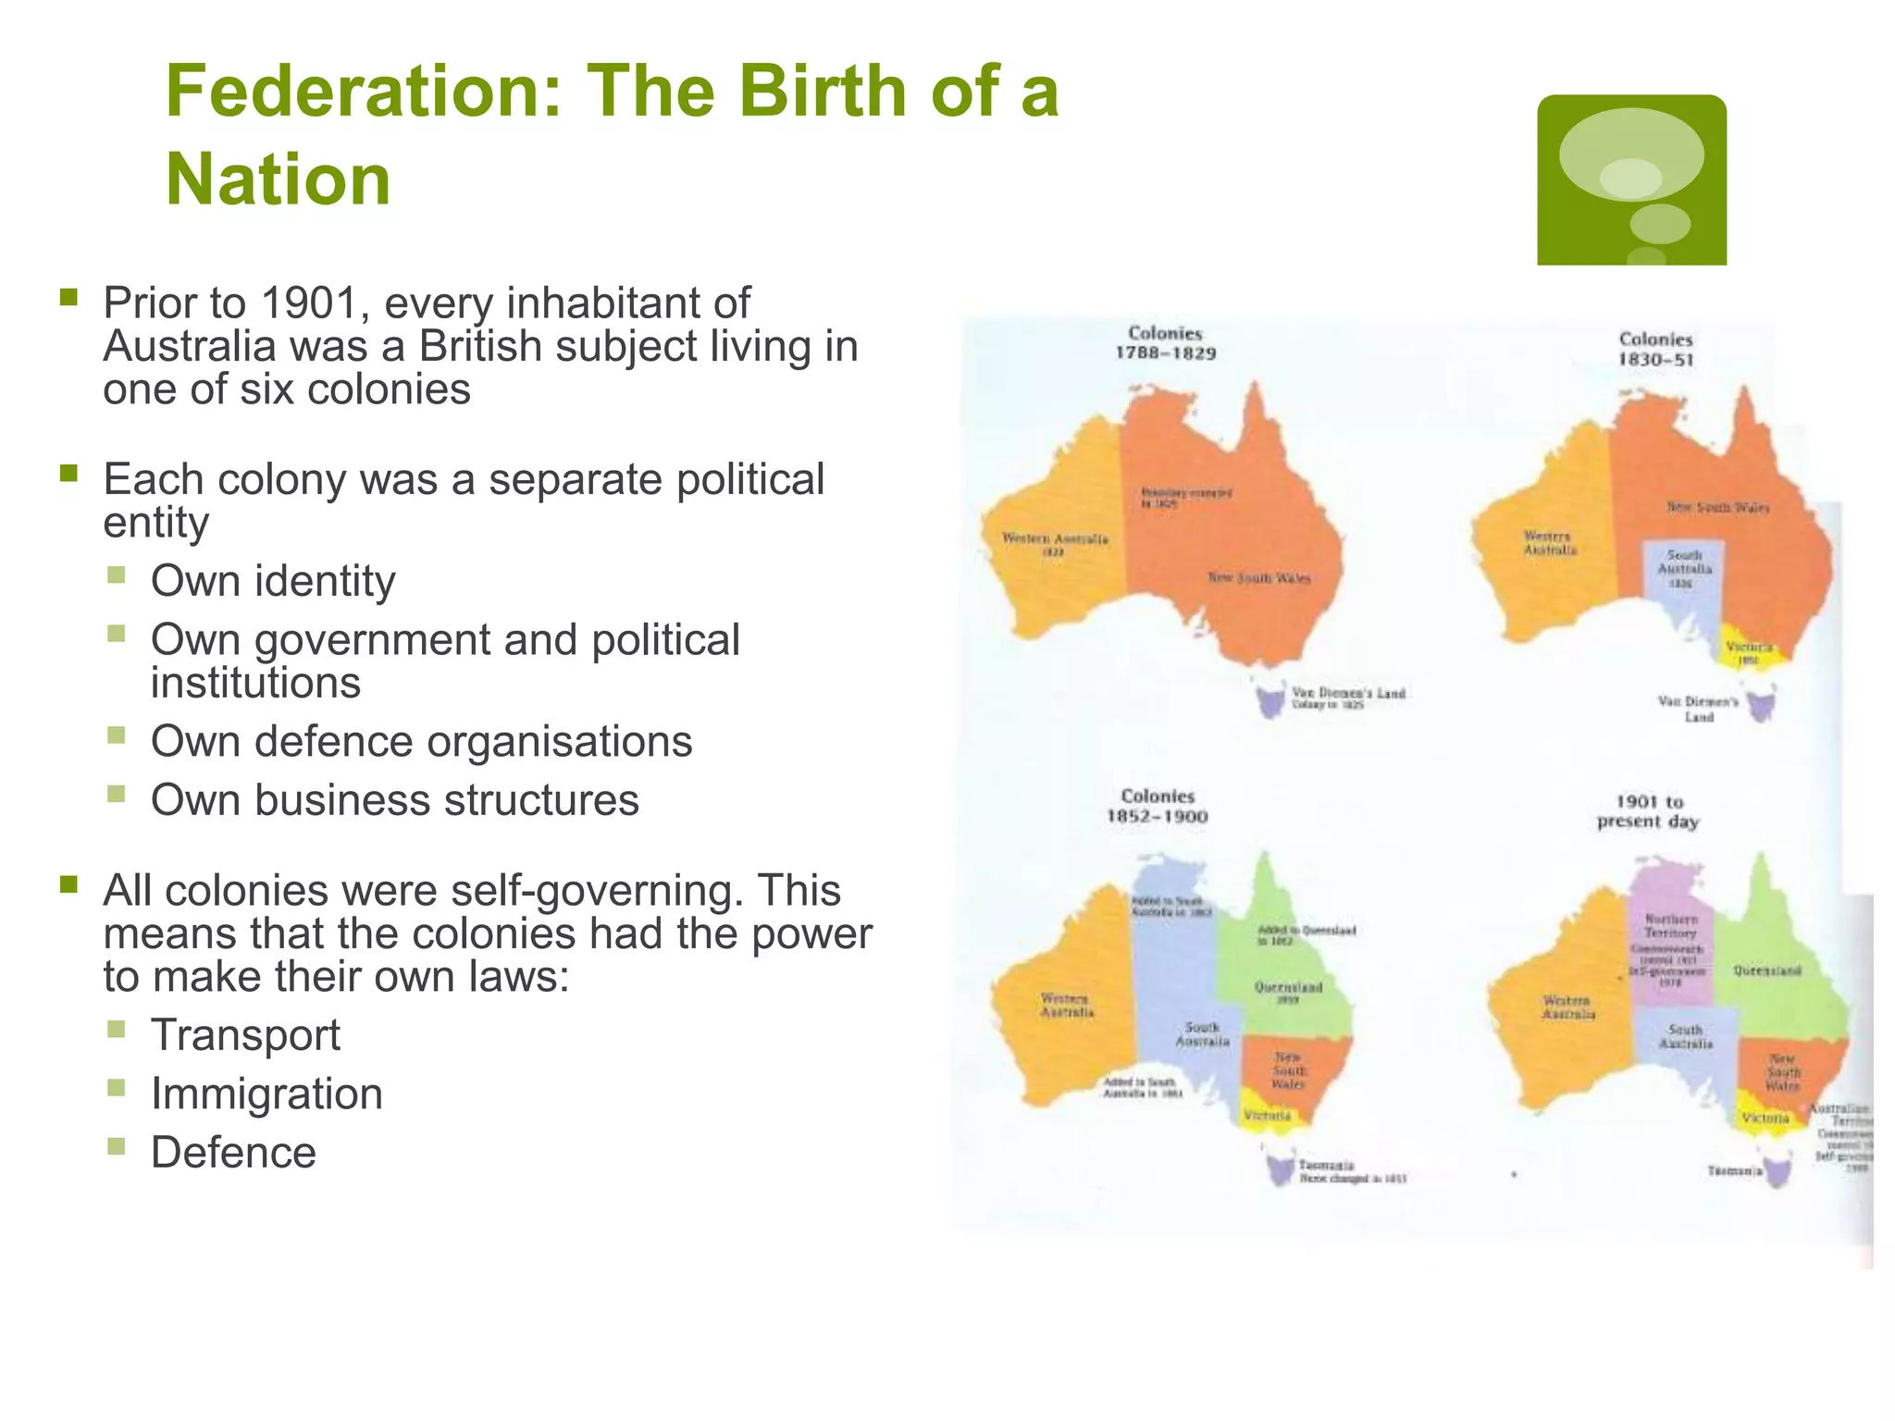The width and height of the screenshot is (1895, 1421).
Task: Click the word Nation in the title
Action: (278, 179)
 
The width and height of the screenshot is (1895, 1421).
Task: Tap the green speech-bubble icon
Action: (1630, 179)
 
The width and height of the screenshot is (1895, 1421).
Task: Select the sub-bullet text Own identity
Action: (273, 582)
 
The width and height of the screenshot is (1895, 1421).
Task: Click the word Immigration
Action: (266, 1094)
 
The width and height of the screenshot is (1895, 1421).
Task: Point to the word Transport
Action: (245, 1035)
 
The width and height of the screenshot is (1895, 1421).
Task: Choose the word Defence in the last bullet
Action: (233, 1153)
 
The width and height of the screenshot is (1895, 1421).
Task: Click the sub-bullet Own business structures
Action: (394, 800)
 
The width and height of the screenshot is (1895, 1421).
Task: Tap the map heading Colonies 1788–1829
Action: (1165, 343)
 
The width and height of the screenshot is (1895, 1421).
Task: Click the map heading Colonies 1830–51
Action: (1655, 350)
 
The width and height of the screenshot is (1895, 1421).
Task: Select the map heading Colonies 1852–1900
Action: (1158, 806)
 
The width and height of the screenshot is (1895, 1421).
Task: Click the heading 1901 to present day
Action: (1648, 811)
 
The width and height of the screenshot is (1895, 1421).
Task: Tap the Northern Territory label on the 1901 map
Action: (1671, 926)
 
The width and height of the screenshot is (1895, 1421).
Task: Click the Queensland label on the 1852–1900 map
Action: (1288, 987)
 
